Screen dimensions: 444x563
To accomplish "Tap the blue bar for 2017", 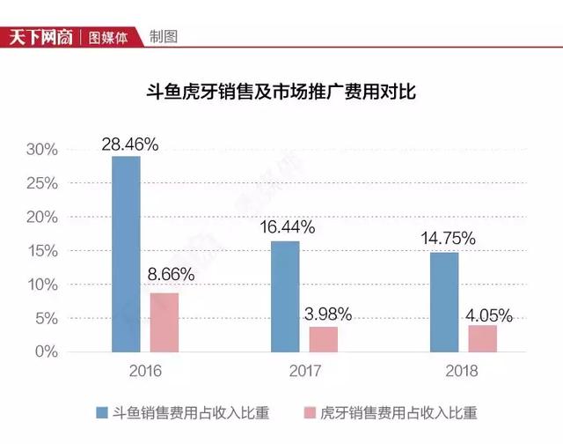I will click(x=285, y=296).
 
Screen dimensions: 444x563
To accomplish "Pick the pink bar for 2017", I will click(x=323, y=339).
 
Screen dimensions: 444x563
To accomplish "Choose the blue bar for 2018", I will click(x=444, y=302).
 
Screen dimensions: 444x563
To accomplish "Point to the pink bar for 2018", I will click(x=482, y=338).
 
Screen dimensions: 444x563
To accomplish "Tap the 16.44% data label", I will click(x=287, y=227).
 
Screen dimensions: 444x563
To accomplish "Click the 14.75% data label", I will click(x=447, y=238).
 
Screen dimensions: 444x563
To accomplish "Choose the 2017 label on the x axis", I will click(x=304, y=371).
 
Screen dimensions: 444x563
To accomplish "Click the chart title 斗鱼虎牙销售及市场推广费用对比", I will click(x=280, y=90).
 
